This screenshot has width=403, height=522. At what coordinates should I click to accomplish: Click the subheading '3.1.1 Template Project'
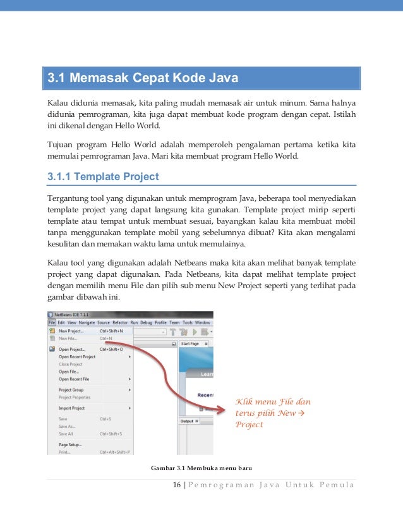104,176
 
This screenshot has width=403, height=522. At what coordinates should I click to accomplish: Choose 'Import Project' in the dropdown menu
71,408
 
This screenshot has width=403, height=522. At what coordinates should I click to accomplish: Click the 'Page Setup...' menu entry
70,444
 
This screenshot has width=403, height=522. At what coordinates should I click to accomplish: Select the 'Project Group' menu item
71,390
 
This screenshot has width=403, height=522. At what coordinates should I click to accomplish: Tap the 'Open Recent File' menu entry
74,379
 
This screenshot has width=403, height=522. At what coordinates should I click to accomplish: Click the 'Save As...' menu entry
67,426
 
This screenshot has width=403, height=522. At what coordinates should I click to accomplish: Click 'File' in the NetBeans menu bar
52,322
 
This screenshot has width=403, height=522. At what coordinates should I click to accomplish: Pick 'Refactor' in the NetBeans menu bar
119,322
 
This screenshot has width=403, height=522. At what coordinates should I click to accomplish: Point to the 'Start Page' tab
189,343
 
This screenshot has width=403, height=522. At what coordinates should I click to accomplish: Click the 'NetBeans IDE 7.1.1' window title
71,314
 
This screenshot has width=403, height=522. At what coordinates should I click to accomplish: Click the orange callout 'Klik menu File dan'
272,402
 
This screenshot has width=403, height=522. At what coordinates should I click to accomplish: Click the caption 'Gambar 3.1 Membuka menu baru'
201,468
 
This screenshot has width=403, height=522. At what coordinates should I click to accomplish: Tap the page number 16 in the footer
177,485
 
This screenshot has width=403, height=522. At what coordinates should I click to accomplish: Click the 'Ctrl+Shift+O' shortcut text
111,349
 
